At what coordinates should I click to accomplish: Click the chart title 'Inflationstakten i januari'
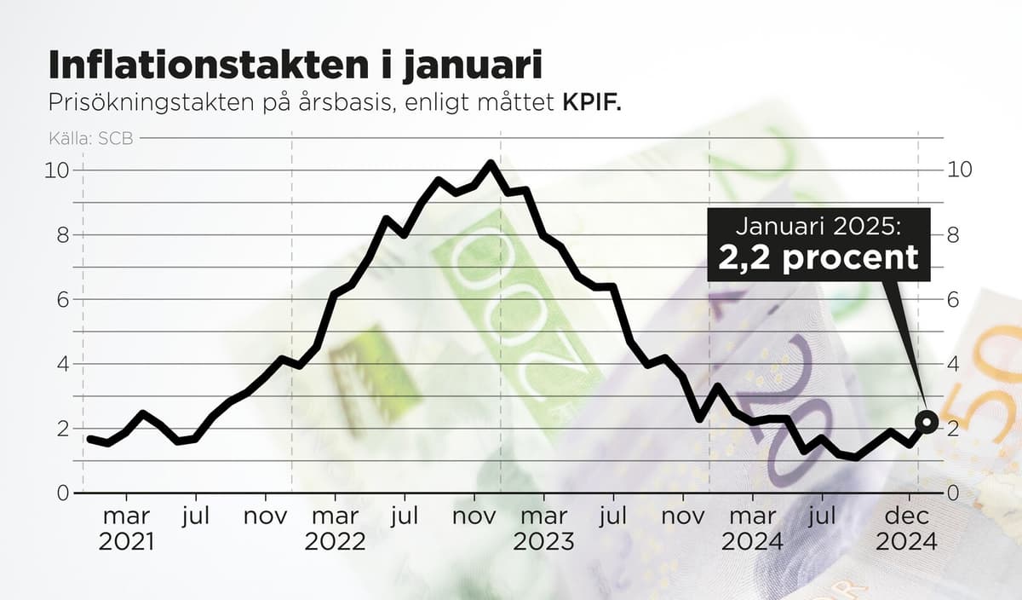pyautogui.click(x=295, y=65)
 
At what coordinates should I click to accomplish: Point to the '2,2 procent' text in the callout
pyautogui.click(x=818, y=257)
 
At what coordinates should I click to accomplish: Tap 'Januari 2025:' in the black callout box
pyautogui.click(x=818, y=228)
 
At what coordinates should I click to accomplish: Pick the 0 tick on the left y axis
pyautogui.click(x=63, y=493)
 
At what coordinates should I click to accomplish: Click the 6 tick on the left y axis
pyautogui.click(x=63, y=299)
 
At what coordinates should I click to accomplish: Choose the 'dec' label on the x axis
pyautogui.click(x=907, y=516)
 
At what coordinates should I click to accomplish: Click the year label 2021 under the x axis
pyautogui.click(x=126, y=542)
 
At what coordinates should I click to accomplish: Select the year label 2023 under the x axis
pyautogui.click(x=543, y=542)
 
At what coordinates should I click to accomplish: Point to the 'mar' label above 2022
pyautogui.click(x=335, y=516)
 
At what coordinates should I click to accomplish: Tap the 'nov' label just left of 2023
pyautogui.click(x=474, y=516)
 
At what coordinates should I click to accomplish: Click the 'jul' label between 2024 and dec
pyautogui.click(x=822, y=516)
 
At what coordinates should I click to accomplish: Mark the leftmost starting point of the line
pyautogui.click(x=89, y=439)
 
